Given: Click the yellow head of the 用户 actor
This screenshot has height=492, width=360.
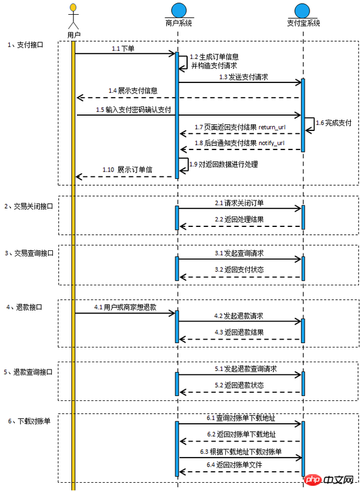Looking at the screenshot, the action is (73, 7).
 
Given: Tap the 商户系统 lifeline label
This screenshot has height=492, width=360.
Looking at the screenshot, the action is (178, 23).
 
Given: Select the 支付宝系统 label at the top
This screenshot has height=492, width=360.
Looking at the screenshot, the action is (303, 23).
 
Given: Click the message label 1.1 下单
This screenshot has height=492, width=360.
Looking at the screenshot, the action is (123, 49).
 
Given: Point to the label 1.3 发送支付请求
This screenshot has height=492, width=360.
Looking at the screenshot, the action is (244, 77).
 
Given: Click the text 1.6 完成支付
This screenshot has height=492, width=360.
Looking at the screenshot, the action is (334, 122).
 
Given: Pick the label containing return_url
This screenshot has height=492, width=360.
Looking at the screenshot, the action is (240, 127).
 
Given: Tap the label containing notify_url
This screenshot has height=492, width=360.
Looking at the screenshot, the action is (239, 143).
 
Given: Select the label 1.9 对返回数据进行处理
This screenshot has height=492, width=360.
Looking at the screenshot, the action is (224, 164).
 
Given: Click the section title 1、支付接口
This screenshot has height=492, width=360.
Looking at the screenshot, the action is (25, 45).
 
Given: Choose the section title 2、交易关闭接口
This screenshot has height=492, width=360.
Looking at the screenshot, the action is (28, 207).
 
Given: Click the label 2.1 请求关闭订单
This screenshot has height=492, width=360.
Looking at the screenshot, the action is (239, 203).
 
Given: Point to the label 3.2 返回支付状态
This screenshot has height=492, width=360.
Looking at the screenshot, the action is (239, 269).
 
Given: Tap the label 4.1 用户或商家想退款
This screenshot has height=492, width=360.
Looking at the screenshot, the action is (126, 307).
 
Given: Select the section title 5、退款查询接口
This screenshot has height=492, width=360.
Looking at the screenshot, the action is (28, 372).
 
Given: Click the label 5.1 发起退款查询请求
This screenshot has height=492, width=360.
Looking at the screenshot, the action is (246, 368).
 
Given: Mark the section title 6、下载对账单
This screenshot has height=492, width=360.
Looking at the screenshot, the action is (29, 421).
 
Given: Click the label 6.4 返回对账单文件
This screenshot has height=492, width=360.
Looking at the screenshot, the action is (234, 465).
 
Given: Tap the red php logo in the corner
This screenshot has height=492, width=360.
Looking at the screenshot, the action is (313, 480).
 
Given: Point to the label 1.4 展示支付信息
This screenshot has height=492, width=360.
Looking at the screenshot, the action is (133, 90).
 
